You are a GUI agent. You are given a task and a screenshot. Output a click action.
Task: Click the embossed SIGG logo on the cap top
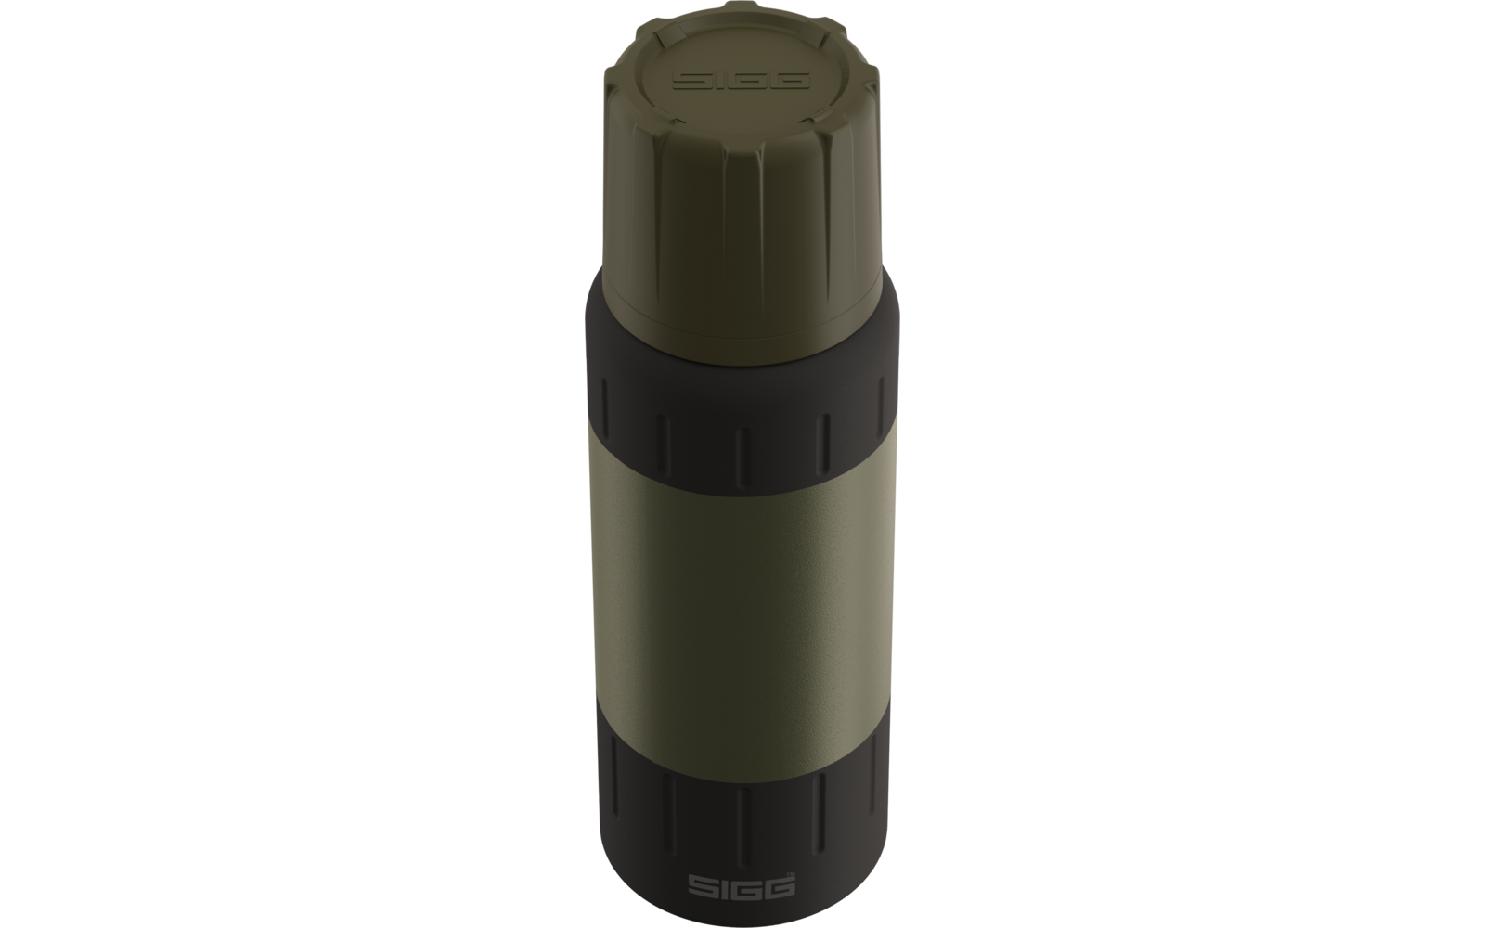pyautogui.click(x=742, y=80)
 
